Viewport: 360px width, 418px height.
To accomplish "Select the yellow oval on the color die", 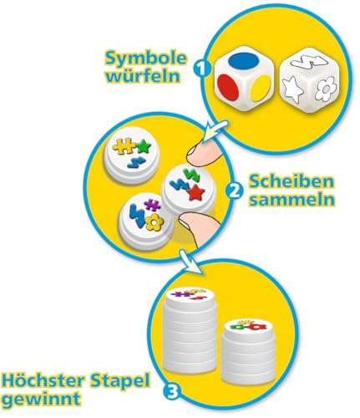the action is [261, 89].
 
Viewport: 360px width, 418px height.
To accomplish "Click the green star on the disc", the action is [145, 146].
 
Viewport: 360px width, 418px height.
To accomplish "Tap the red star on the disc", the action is [195, 192].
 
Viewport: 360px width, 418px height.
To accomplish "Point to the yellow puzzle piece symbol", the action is [124, 147].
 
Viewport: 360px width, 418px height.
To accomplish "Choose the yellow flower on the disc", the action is [154, 222].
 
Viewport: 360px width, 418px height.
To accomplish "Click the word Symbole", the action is [145, 59].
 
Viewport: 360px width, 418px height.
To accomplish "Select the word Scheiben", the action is [292, 181].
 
